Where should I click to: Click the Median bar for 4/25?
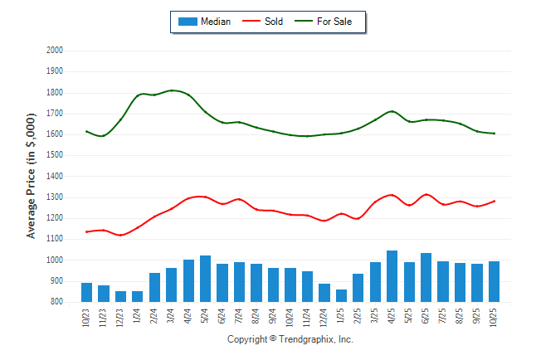coord(392,276)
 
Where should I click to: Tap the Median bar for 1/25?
coord(341,296)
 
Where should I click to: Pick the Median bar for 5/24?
coord(205,279)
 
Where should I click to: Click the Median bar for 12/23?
coord(120,297)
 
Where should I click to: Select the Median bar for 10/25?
coord(494,282)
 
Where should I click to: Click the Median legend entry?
coord(204,22)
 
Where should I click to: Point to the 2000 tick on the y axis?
coord(56,51)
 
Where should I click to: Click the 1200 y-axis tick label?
coord(56,218)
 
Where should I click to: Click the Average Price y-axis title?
coord(32,177)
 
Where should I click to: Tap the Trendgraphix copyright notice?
coord(290,339)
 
